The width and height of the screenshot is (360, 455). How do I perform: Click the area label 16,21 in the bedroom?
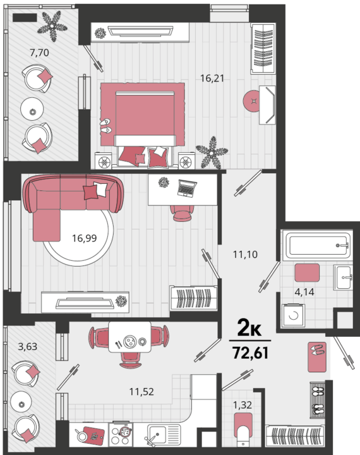click(212, 78)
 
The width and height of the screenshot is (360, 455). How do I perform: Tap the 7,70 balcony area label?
click(39, 53)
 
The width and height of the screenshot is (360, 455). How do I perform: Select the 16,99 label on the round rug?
click(85, 238)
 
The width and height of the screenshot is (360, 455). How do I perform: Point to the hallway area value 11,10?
click(245, 255)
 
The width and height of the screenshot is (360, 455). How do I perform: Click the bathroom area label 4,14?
click(304, 292)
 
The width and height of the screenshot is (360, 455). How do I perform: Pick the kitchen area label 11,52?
click(141, 392)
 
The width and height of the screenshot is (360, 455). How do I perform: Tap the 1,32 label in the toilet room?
click(243, 405)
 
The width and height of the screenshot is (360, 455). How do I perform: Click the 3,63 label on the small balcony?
click(28, 346)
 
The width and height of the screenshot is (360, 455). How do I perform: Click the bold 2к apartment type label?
click(249, 327)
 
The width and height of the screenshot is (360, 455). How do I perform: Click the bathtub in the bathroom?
click(317, 245)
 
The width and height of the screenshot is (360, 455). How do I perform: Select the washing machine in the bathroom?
click(293, 316)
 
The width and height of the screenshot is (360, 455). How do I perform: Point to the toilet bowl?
click(243, 430)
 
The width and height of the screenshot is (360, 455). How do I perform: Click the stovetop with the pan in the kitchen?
click(121, 434)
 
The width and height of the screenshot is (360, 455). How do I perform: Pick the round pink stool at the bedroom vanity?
click(251, 100)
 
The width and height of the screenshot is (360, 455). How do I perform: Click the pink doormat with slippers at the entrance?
click(317, 357)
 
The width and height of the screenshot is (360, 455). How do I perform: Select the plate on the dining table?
click(129, 341)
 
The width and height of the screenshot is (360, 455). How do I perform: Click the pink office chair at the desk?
click(182, 214)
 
